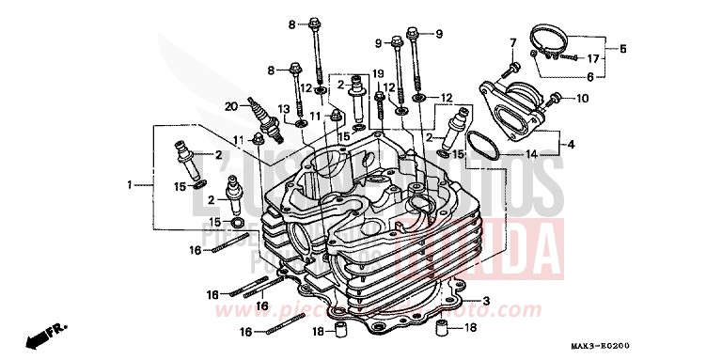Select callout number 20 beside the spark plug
click(x=231, y=105)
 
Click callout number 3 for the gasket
click(x=487, y=301)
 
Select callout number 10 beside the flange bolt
click(x=580, y=97)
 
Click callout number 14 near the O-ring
click(x=533, y=154)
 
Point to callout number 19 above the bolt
click(x=379, y=73)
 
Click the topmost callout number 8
click(x=292, y=23)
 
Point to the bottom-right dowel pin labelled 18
click(x=439, y=328)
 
